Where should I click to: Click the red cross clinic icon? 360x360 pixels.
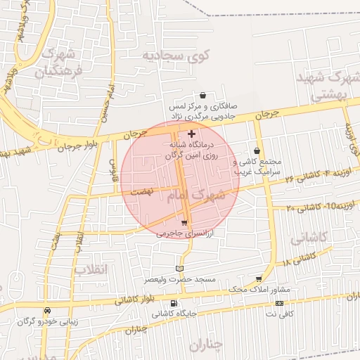[x=191, y=133]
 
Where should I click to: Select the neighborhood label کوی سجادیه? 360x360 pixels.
[x=172, y=55]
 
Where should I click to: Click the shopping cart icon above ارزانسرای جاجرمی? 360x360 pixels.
[x=184, y=222]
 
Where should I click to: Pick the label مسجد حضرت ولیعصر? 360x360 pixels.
[x=180, y=279]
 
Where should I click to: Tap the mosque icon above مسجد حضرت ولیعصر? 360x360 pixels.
[x=179, y=268]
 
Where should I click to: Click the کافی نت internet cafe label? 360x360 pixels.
[x=280, y=314]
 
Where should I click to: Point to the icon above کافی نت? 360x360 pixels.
[x=280, y=303]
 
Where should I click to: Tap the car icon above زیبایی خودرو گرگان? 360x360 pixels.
[x=46, y=310]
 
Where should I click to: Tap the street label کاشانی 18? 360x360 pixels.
[x=298, y=259]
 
